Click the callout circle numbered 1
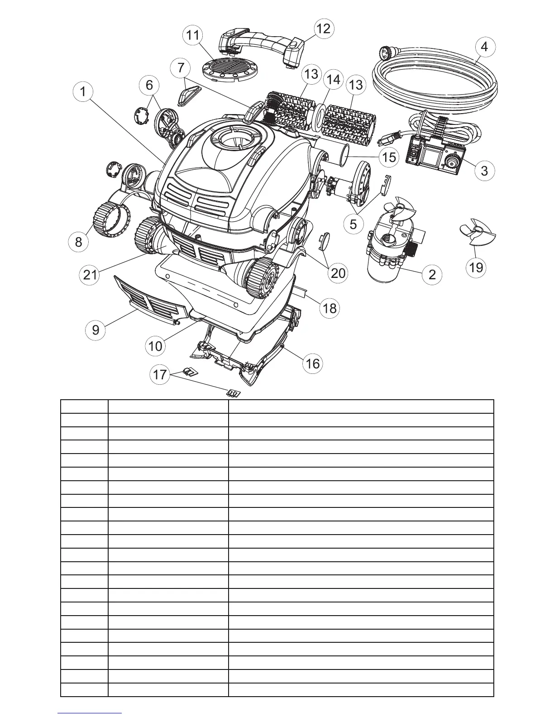82,91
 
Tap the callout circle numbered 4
484,47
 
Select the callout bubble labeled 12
323,29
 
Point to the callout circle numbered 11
193,35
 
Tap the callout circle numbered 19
476,268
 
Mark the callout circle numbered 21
90,274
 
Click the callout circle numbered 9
96,330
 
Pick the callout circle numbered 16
313,363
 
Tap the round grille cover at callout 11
229,70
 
